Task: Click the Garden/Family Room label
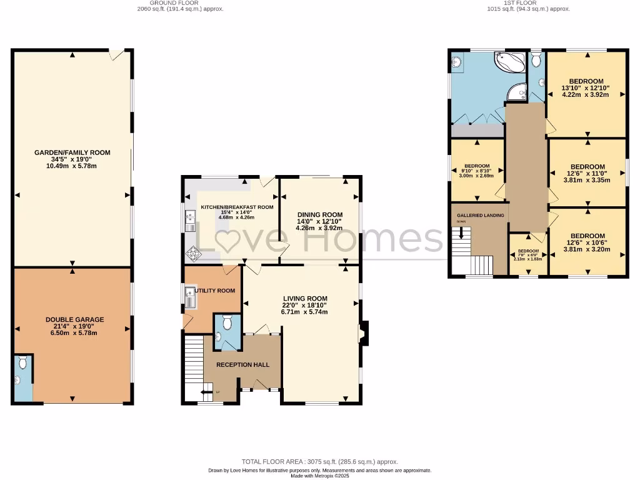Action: [x=73, y=152]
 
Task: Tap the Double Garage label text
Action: [x=74, y=319]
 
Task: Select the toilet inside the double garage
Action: [x=22, y=362]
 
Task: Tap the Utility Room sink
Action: [x=190, y=296]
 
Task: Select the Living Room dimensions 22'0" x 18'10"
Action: [x=305, y=305]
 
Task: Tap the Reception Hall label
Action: [x=242, y=364]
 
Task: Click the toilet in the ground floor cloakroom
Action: [x=227, y=321]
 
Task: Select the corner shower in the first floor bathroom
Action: [x=516, y=92]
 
